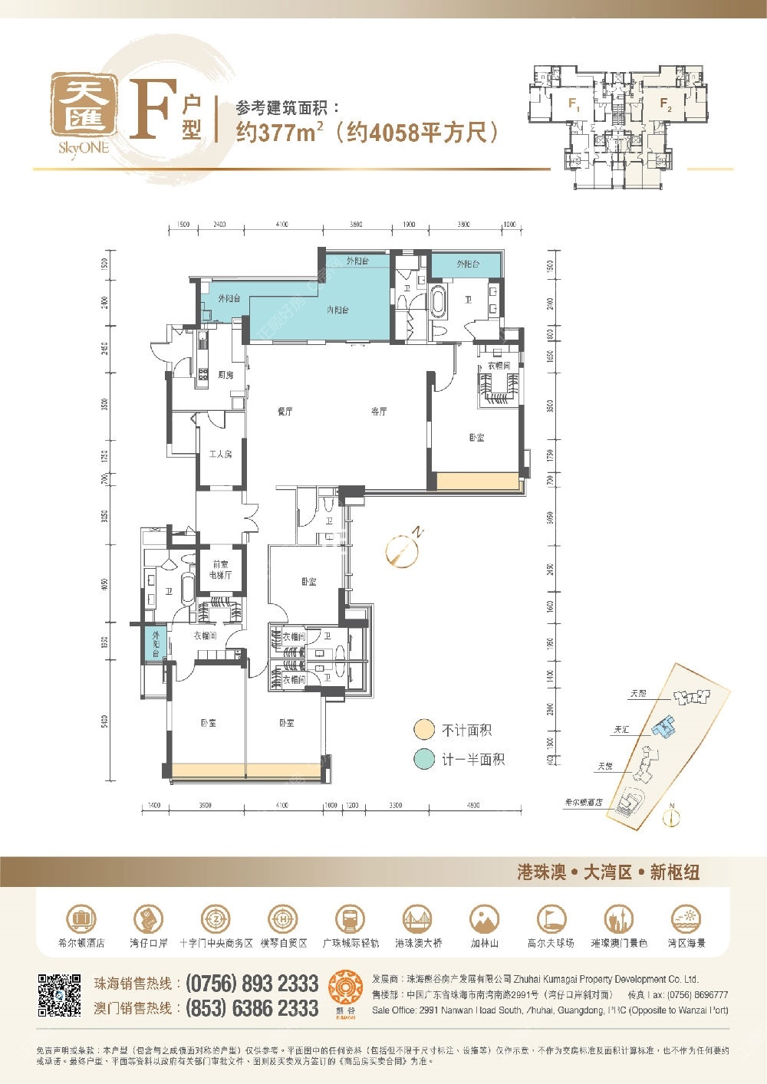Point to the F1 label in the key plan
[x=573, y=103]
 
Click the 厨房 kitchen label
[x=225, y=375]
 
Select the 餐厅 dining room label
[x=285, y=412]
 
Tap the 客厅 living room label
[x=379, y=412]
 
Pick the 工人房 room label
[x=220, y=455]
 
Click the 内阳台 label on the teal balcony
[x=337, y=310]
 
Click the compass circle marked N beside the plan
[x=401, y=549]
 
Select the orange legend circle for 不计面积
[x=424, y=730]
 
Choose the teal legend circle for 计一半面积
[x=424, y=759]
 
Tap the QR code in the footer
[x=59, y=995]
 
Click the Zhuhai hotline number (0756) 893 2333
[x=252, y=984]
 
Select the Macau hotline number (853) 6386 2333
[x=252, y=1008]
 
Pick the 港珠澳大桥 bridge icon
[x=418, y=918]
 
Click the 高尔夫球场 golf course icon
[x=551, y=918]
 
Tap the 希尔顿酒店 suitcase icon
[x=81, y=918]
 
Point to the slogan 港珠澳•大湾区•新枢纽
[x=608, y=872]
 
